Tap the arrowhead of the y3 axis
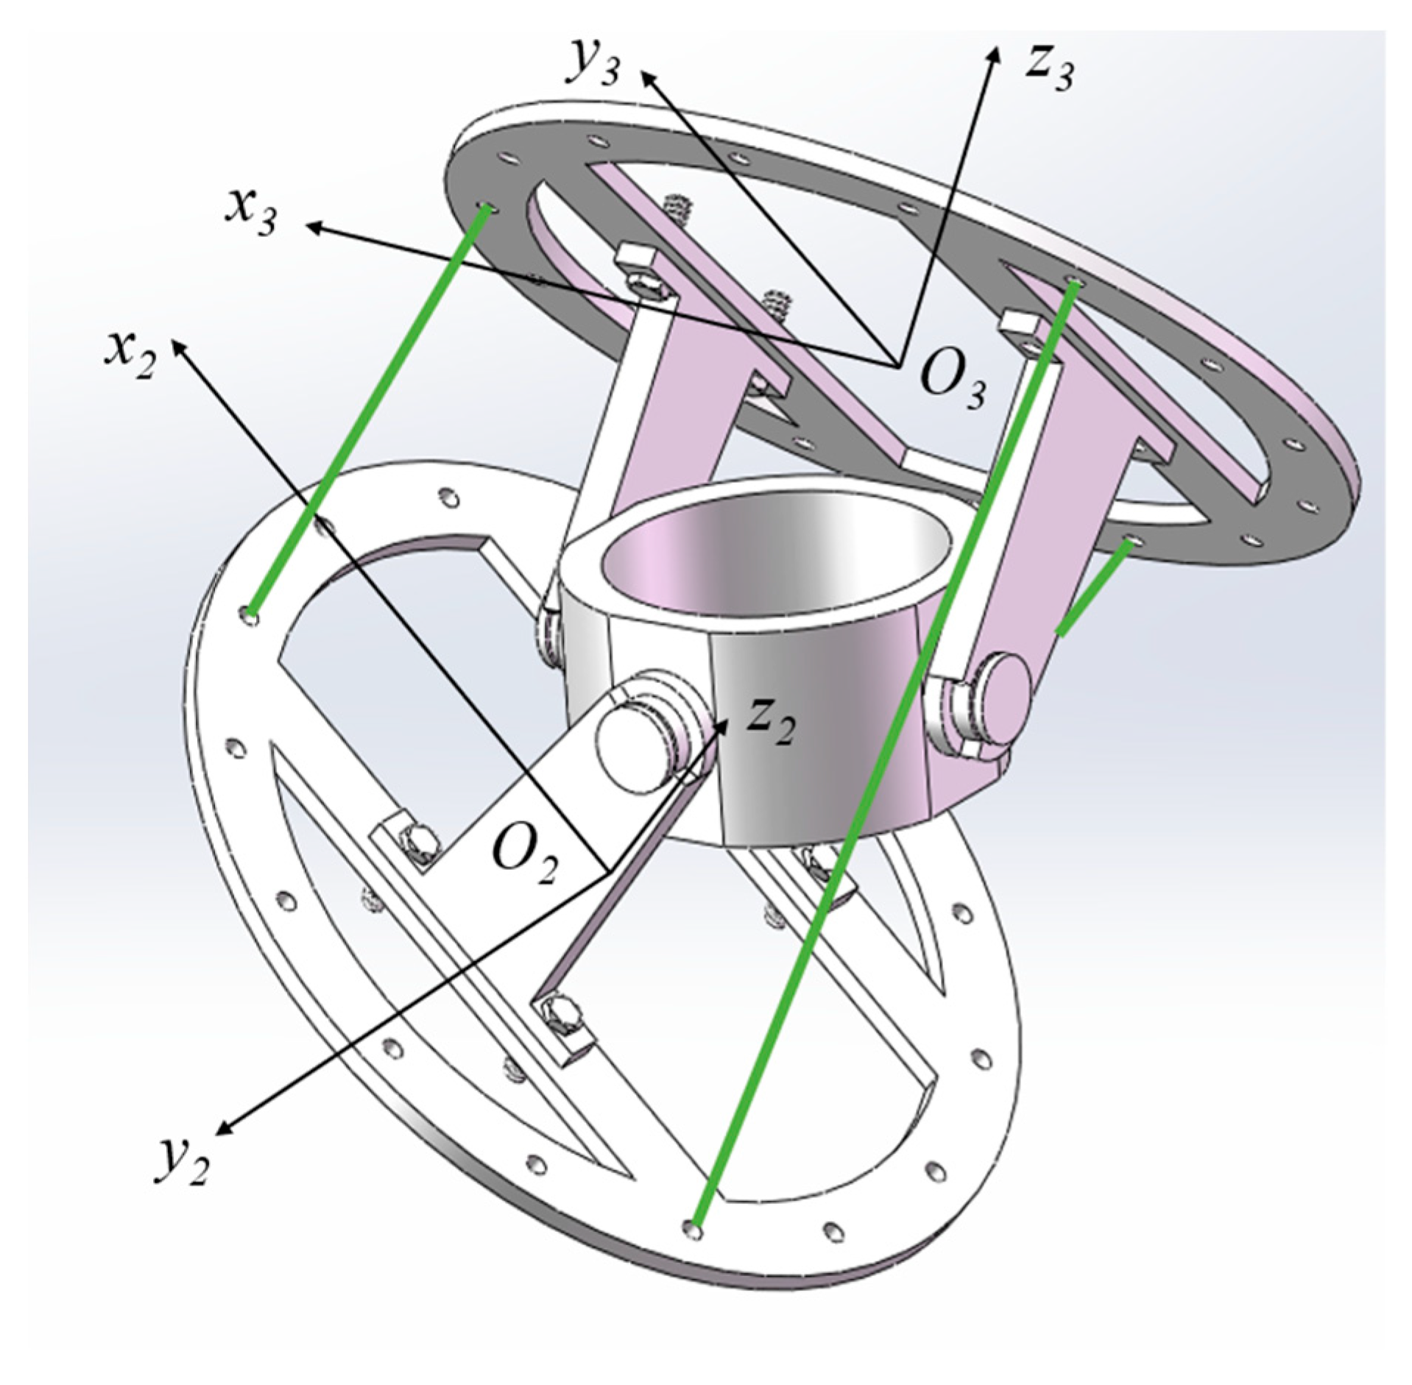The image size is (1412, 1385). point(646,75)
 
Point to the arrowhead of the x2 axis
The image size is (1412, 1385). point(177,346)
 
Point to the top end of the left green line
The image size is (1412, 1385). point(487,210)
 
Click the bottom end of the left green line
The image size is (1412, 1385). point(253,612)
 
